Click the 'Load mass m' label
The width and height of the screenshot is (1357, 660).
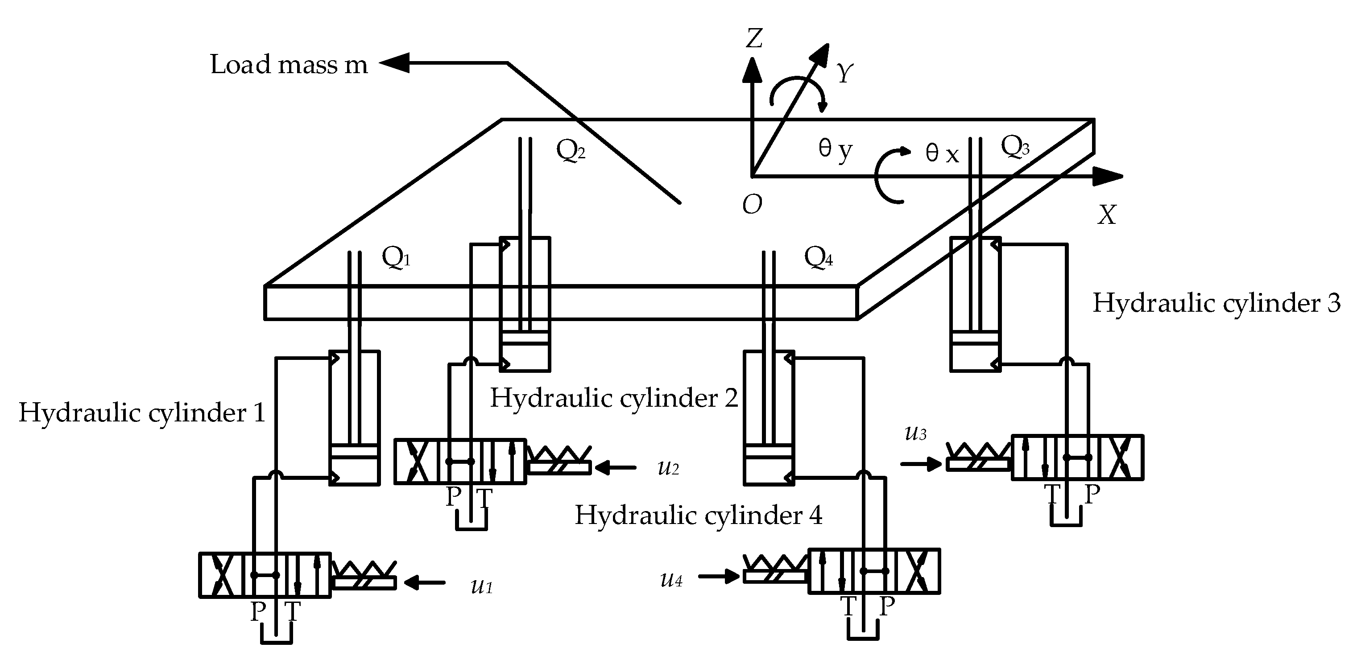point(288,65)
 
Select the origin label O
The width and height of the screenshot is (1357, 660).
point(752,205)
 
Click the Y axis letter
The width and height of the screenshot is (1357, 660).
point(844,73)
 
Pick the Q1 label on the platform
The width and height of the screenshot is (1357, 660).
point(396,258)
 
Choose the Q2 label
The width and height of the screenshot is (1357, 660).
point(571,151)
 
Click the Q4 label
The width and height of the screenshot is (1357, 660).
point(818,258)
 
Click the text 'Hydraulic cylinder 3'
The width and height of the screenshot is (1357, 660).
point(1216,303)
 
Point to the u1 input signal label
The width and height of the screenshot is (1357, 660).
point(481,586)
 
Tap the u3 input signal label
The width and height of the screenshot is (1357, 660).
point(915,433)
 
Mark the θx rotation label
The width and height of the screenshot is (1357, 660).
point(942,154)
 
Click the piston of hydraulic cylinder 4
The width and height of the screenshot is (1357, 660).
point(768,451)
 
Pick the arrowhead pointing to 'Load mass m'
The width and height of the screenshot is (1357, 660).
point(394,63)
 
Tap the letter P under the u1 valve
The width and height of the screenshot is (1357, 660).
point(257,611)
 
